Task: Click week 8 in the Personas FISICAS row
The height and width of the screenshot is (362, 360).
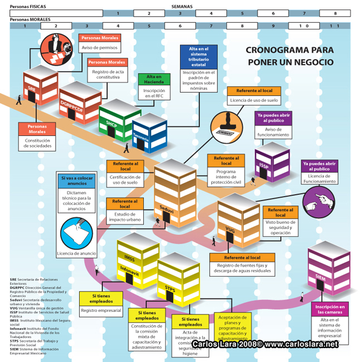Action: pyautogui.click(x=335, y=13)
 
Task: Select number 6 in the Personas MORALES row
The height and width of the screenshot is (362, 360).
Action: pyautogui.click(x=180, y=26)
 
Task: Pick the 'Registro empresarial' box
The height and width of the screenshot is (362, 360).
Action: pyautogui.click(x=101, y=310)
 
